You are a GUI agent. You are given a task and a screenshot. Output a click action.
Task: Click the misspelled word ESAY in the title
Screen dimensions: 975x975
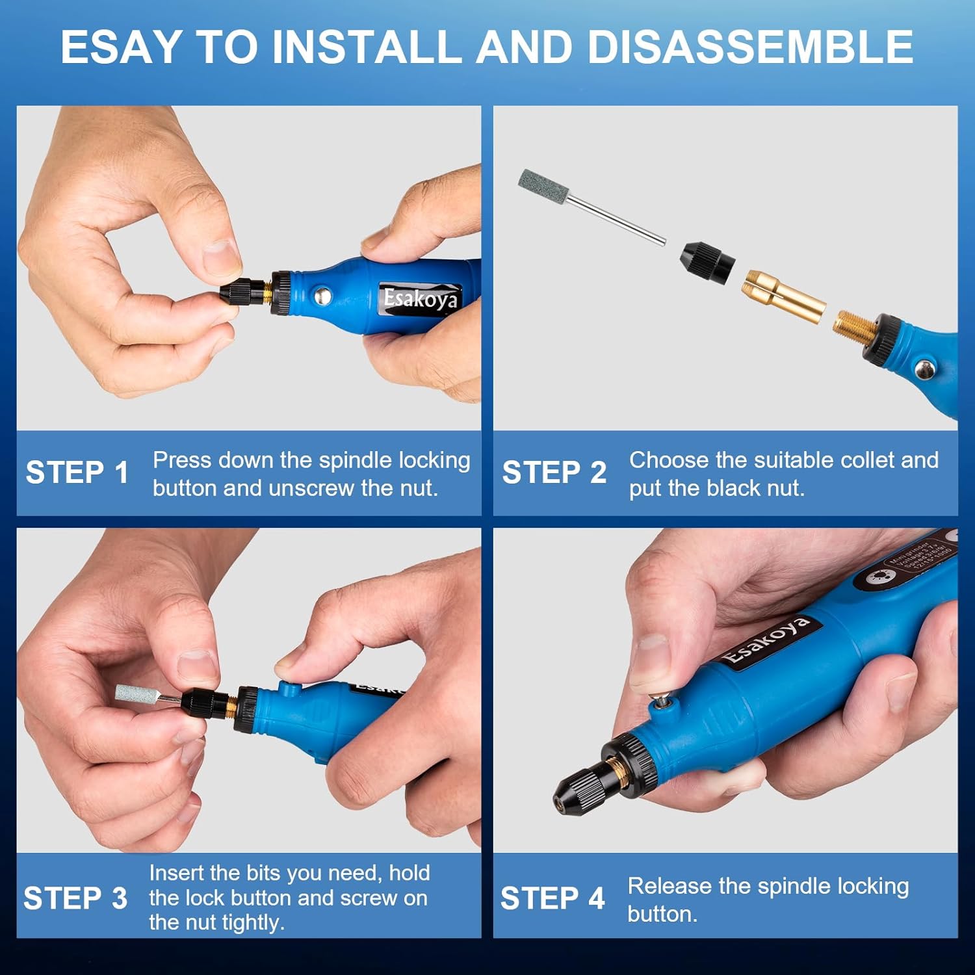(121, 47)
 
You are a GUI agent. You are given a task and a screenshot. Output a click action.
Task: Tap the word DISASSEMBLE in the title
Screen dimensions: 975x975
(750, 47)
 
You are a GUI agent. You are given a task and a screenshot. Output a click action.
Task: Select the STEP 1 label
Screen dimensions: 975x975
(77, 473)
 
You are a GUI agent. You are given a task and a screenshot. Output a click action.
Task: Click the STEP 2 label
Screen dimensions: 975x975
(554, 473)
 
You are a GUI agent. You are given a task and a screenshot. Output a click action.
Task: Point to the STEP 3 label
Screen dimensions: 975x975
(75, 898)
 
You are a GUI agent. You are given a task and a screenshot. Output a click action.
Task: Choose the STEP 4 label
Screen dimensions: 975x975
(552, 898)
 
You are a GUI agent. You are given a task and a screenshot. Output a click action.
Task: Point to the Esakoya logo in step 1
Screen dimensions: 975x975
(421, 299)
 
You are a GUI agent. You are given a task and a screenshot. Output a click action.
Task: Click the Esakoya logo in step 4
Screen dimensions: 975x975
(767, 640)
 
